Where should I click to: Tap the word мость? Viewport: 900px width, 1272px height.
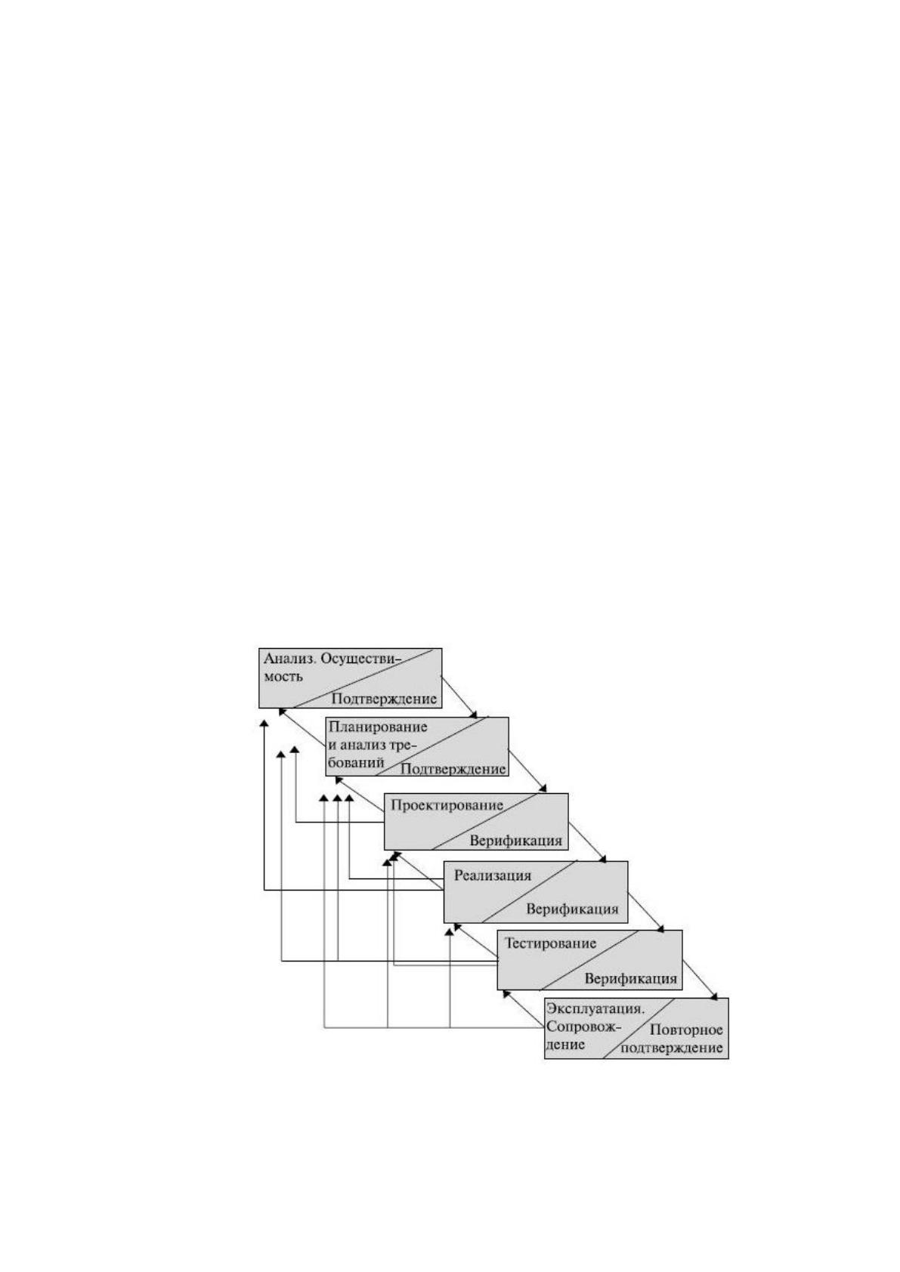(x=283, y=677)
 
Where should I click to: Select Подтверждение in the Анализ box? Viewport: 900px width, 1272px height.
(x=384, y=699)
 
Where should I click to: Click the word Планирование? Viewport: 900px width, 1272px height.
(x=378, y=727)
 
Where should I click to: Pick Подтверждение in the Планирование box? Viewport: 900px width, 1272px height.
(x=453, y=769)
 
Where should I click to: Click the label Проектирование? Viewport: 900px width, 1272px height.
(x=447, y=805)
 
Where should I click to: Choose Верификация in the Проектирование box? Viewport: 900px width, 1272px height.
(x=515, y=841)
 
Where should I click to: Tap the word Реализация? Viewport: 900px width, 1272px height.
(x=493, y=875)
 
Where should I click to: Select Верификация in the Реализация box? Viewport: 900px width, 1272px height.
(x=571, y=909)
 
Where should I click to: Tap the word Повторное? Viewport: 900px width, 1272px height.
(x=686, y=1030)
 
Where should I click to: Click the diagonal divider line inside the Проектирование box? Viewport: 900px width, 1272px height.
(x=484, y=821)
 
